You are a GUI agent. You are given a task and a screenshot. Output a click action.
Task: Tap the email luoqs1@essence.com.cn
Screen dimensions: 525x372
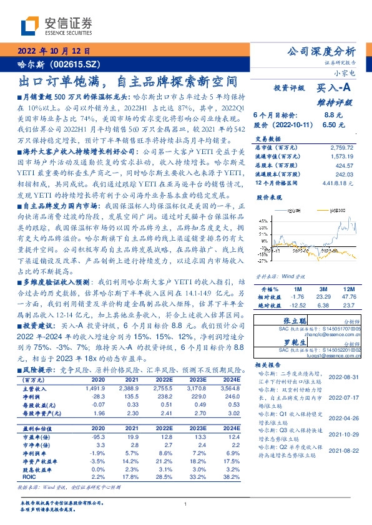coord(336,351)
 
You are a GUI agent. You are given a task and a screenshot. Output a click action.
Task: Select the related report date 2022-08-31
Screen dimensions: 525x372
coord(344,377)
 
